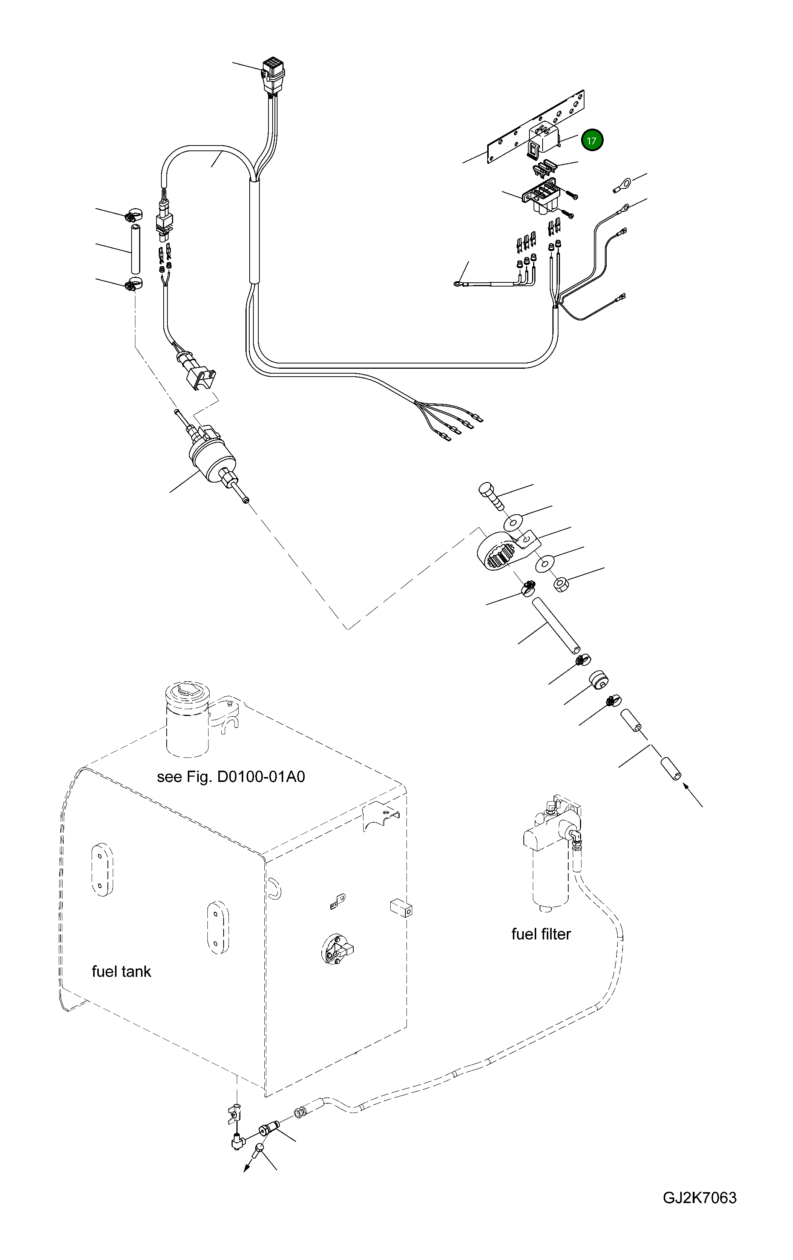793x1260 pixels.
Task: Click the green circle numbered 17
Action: (592, 140)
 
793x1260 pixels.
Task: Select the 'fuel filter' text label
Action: (541, 934)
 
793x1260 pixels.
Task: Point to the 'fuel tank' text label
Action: (121, 972)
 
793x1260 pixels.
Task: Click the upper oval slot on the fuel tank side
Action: (102, 869)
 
